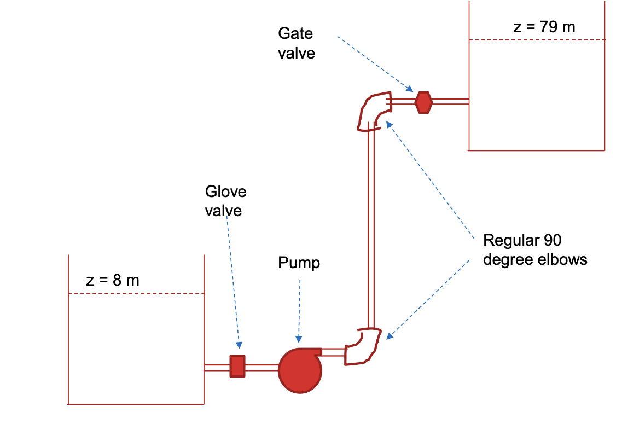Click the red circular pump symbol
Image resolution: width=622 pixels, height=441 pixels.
(299, 370)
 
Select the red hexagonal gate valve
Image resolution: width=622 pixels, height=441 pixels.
(423, 102)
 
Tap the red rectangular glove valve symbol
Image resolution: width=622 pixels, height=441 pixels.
(237, 366)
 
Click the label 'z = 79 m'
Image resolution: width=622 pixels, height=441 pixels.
(544, 27)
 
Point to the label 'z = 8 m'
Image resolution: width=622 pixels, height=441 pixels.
(113, 281)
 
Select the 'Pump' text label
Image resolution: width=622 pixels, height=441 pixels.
(299, 263)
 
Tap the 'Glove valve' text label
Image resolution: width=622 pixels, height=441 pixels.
(225, 201)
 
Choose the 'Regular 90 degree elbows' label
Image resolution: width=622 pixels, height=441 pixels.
(534, 249)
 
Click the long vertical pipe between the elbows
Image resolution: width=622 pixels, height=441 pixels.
(371, 230)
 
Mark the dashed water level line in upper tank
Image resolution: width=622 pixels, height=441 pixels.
(537, 40)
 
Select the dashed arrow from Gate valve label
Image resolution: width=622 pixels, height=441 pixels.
(374, 63)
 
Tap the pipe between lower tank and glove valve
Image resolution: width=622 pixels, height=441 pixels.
(217, 368)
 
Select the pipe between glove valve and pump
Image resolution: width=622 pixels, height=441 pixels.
(261, 368)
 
